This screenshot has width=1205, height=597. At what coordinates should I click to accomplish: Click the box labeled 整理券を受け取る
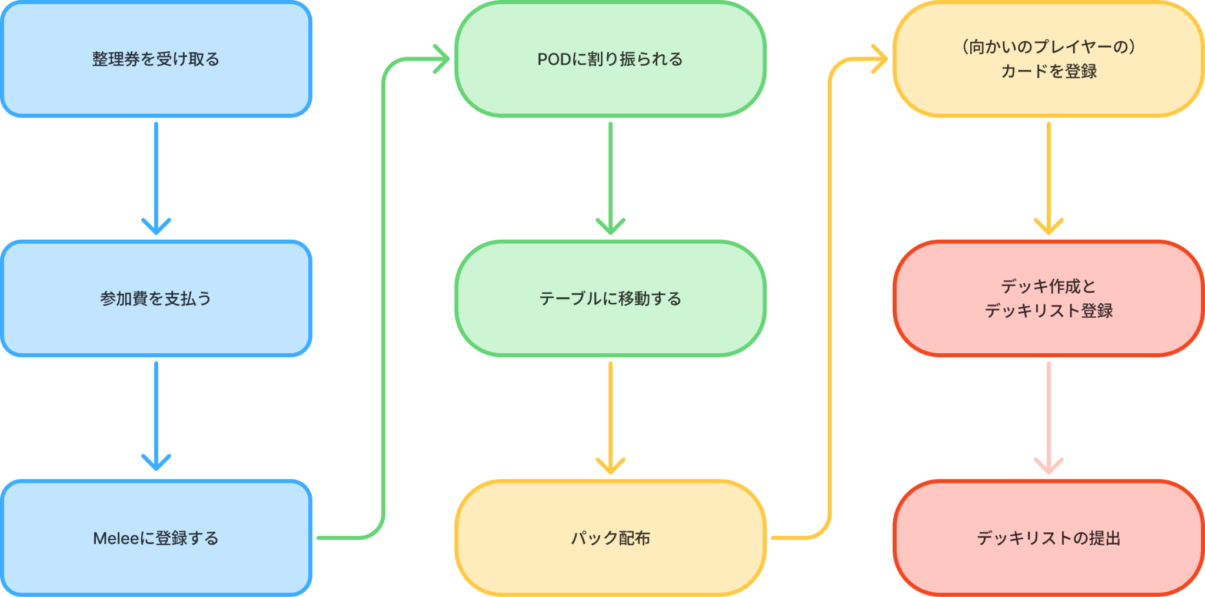(156, 59)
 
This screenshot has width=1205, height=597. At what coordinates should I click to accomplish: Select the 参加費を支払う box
(156, 298)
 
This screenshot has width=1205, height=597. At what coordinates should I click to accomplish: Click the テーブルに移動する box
(610, 298)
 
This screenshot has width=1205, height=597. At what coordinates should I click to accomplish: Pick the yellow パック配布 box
(610, 538)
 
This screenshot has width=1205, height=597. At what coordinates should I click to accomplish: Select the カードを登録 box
(1048, 72)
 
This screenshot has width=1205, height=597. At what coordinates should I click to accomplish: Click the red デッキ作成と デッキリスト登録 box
(1048, 298)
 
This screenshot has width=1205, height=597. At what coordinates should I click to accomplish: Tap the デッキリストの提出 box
(1048, 538)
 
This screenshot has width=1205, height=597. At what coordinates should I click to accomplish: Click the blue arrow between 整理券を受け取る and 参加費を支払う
(156, 177)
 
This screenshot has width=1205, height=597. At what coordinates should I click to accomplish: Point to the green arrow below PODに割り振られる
(610, 177)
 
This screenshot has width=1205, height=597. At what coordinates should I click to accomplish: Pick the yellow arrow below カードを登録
(1048, 177)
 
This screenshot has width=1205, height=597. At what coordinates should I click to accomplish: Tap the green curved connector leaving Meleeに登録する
(384, 294)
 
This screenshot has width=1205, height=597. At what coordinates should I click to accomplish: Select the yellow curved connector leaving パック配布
(830, 294)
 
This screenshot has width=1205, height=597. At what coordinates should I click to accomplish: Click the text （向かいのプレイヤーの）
(1048, 47)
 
